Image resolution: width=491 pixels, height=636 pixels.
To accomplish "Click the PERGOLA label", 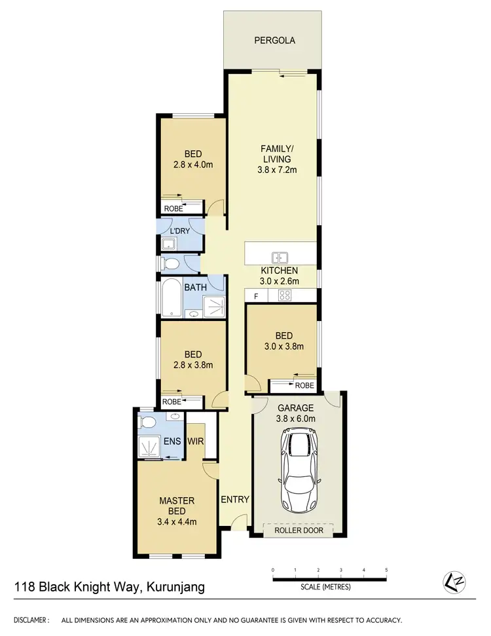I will click(274, 41).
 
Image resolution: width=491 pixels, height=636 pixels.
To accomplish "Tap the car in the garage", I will click(299, 472).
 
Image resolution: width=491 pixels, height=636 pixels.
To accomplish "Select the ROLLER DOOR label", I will click(299, 530).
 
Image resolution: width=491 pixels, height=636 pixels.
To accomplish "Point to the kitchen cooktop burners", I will click(285, 296).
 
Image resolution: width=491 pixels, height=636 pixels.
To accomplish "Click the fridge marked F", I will click(256, 297).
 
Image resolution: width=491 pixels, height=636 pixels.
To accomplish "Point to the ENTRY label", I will click(235, 500).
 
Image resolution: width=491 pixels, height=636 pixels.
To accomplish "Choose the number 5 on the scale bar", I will click(387, 570).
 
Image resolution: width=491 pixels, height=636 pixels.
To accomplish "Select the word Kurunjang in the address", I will click(173, 588).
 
